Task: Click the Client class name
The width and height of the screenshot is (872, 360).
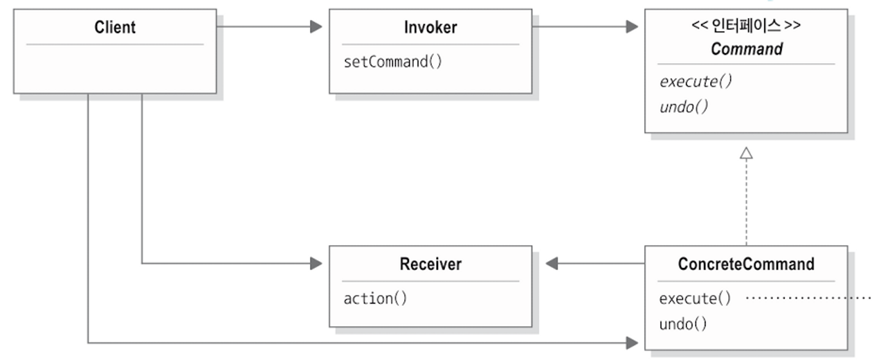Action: [115, 28]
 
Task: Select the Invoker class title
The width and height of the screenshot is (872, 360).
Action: [430, 28]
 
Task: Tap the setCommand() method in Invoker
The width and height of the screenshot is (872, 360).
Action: [392, 62]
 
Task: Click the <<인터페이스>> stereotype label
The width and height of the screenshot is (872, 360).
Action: [746, 27]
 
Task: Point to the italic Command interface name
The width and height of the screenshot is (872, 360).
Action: [746, 49]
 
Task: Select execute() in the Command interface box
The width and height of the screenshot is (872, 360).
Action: [695, 81]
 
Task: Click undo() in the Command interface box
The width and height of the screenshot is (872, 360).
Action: [683, 107]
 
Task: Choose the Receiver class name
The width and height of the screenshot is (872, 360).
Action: [430, 264]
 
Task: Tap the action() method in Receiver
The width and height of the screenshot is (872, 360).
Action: [375, 298]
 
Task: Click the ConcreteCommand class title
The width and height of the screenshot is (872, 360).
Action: [746, 264]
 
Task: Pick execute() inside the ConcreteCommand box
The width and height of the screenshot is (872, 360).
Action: [695, 298]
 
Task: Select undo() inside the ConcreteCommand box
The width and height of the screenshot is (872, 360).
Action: [683, 323]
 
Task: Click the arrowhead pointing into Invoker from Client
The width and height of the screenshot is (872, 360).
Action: [316, 27]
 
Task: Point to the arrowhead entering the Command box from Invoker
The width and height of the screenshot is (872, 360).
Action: [631, 27]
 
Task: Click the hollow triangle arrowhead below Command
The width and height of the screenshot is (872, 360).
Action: [746, 154]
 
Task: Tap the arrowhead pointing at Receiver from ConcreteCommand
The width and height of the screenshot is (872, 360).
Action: [552, 263]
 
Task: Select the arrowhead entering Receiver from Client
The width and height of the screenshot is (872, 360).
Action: [316, 263]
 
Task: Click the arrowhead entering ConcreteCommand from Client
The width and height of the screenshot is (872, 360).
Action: [631, 342]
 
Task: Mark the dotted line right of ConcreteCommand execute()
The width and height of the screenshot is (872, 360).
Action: [810, 298]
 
